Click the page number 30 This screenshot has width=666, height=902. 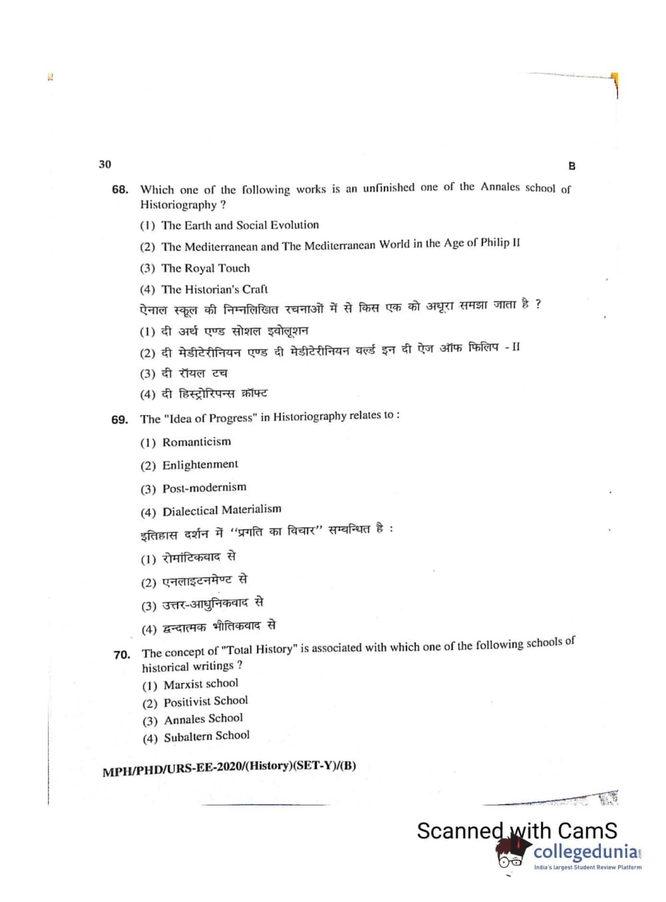[x=105, y=164]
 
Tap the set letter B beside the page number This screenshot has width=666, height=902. [x=572, y=166]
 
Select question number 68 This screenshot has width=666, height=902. [x=120, y=190]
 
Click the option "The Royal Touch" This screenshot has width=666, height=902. [x=206, y=268]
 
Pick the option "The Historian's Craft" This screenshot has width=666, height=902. [x=214, y=289]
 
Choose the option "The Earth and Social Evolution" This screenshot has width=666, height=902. [x=240, y=225]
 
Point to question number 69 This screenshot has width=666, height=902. [x=120, y=420]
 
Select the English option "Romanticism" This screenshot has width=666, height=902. [x=196, y=442]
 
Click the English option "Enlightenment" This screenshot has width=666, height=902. [x=200, y=464]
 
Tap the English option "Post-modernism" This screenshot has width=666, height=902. [x=204, y=488]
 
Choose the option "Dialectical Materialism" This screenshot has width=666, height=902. [x=222, y=510]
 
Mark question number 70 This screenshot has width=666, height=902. [x=122, y=655]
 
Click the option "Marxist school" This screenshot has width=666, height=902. [x=200, y=684]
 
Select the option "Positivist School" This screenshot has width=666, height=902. [x=206, y=701]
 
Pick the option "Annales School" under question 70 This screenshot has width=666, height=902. [x=203, y=719]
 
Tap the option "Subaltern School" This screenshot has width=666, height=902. [x=206, y=736]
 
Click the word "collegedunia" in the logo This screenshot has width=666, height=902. [x=585, y=852]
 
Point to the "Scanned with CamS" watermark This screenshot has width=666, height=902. [x=516, y=830]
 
